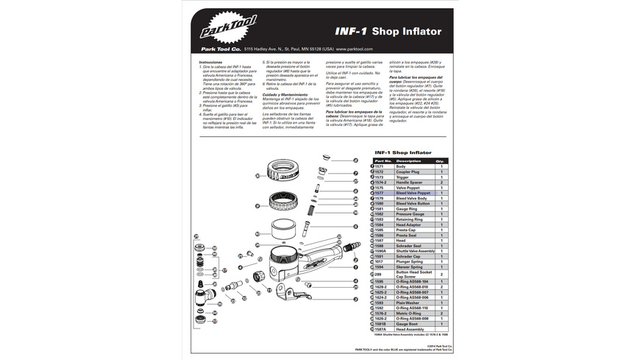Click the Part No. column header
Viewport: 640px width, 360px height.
pos(383,160)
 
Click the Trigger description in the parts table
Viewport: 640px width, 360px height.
pos(402,177)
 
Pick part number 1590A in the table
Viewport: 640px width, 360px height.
pos(380,251)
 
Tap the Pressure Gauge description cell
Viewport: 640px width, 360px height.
pos(410,214)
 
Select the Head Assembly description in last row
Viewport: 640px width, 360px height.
pos(412,328)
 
